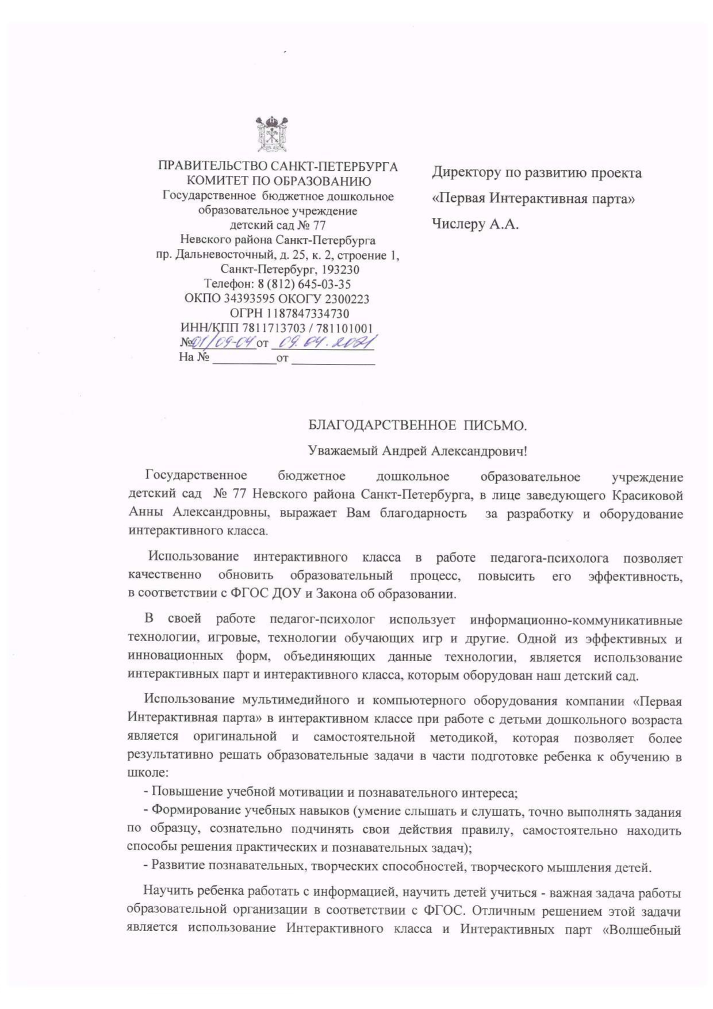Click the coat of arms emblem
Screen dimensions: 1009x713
[272, 134]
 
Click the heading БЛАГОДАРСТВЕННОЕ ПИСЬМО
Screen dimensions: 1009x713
[417, 426]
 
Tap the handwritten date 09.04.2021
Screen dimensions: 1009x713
[323, 343]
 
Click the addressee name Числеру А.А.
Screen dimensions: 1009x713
[475, 224]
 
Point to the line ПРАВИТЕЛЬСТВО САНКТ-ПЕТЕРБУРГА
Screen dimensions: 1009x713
[278, 167]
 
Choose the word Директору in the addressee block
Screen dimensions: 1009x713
[466, 172]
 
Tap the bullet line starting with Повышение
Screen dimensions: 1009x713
[331, 793]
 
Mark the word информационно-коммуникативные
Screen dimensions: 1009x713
[576, 620]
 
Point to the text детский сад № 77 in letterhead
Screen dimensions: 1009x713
[278, 225]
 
